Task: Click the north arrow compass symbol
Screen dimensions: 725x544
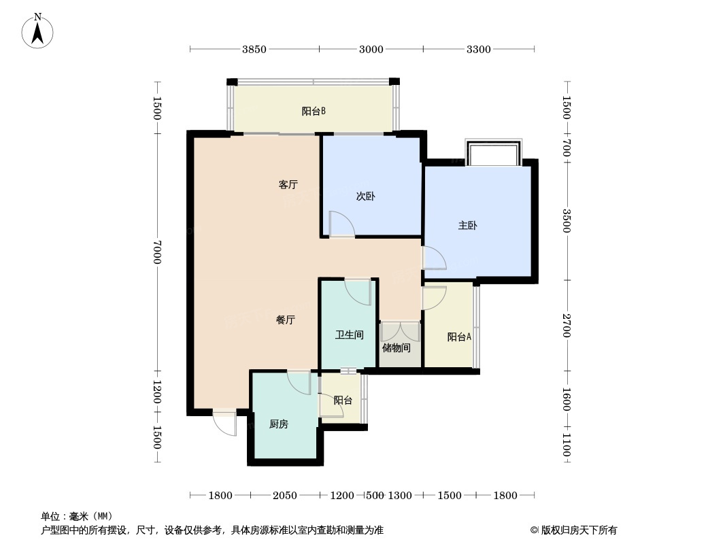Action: (x=37, y=31)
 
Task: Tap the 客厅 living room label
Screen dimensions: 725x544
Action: (x=288, y=185)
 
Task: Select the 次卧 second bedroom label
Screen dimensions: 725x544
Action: (x=365, y=197)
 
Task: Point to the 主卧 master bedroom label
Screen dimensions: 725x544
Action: (x=467, y=226)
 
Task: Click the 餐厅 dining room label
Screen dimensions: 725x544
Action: (x=285, y=320)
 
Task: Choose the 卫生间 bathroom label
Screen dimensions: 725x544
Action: (x=349, y=335)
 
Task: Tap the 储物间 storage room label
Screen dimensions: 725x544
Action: (x=397, y=347)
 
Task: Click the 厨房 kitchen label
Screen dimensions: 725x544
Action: (x=279, y=424)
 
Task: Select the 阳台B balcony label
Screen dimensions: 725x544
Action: (x=314, y=112)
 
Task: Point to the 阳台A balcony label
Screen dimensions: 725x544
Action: (x=459, y=337)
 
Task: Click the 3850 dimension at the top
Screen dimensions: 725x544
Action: (x=254, y=50)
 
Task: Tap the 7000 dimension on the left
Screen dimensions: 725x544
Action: (x=157, y=252)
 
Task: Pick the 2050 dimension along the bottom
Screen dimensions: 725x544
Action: (x=284, y=496)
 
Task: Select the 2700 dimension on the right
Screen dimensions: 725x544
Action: (x=567, y=326)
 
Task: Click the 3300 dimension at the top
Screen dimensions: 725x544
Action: (x=479, y=50)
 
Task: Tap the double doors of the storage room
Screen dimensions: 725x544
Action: (x=400, y=332)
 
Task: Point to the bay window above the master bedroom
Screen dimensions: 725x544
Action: (x=493, y=152)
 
